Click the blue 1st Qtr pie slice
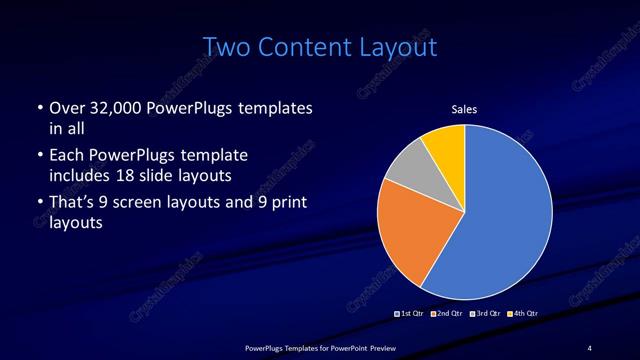coord(505,215)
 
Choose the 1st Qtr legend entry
coord(410,314)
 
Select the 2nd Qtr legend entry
coord(446,314)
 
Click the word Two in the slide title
coord(223,47)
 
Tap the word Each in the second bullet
coord(66,155)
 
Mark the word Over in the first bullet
coord(67,107)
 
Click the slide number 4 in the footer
coord(590,347)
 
